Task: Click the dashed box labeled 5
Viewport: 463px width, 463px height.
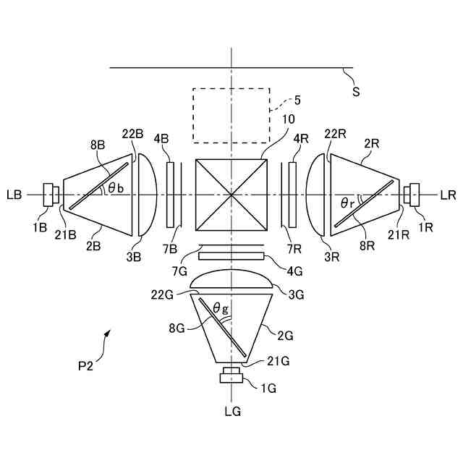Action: click(x=231, y=115)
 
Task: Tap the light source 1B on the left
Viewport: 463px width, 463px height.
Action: click(x=51, y=195)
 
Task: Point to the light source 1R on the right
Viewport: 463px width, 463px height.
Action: click(x=412, y=195)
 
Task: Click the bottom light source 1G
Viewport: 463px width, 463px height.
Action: click(x=231, y=375)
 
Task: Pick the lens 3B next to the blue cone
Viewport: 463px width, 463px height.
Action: click(x=147, y=195)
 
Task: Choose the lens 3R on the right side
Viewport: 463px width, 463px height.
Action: click(x=315, y=195)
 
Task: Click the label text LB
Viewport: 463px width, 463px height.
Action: click(x=14, y=195)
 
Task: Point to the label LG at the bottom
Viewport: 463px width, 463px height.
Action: click(x=231, y=412)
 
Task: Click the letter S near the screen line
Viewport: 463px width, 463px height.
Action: click(x=355, y=91)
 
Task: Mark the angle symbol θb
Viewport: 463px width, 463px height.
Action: click(x=115, y=188)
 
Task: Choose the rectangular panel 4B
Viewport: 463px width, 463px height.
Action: click(x=171, y=195)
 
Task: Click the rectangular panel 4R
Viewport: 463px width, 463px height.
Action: click(x=292, y=195)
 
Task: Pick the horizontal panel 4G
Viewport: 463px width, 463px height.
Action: click(x=231, y=255)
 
